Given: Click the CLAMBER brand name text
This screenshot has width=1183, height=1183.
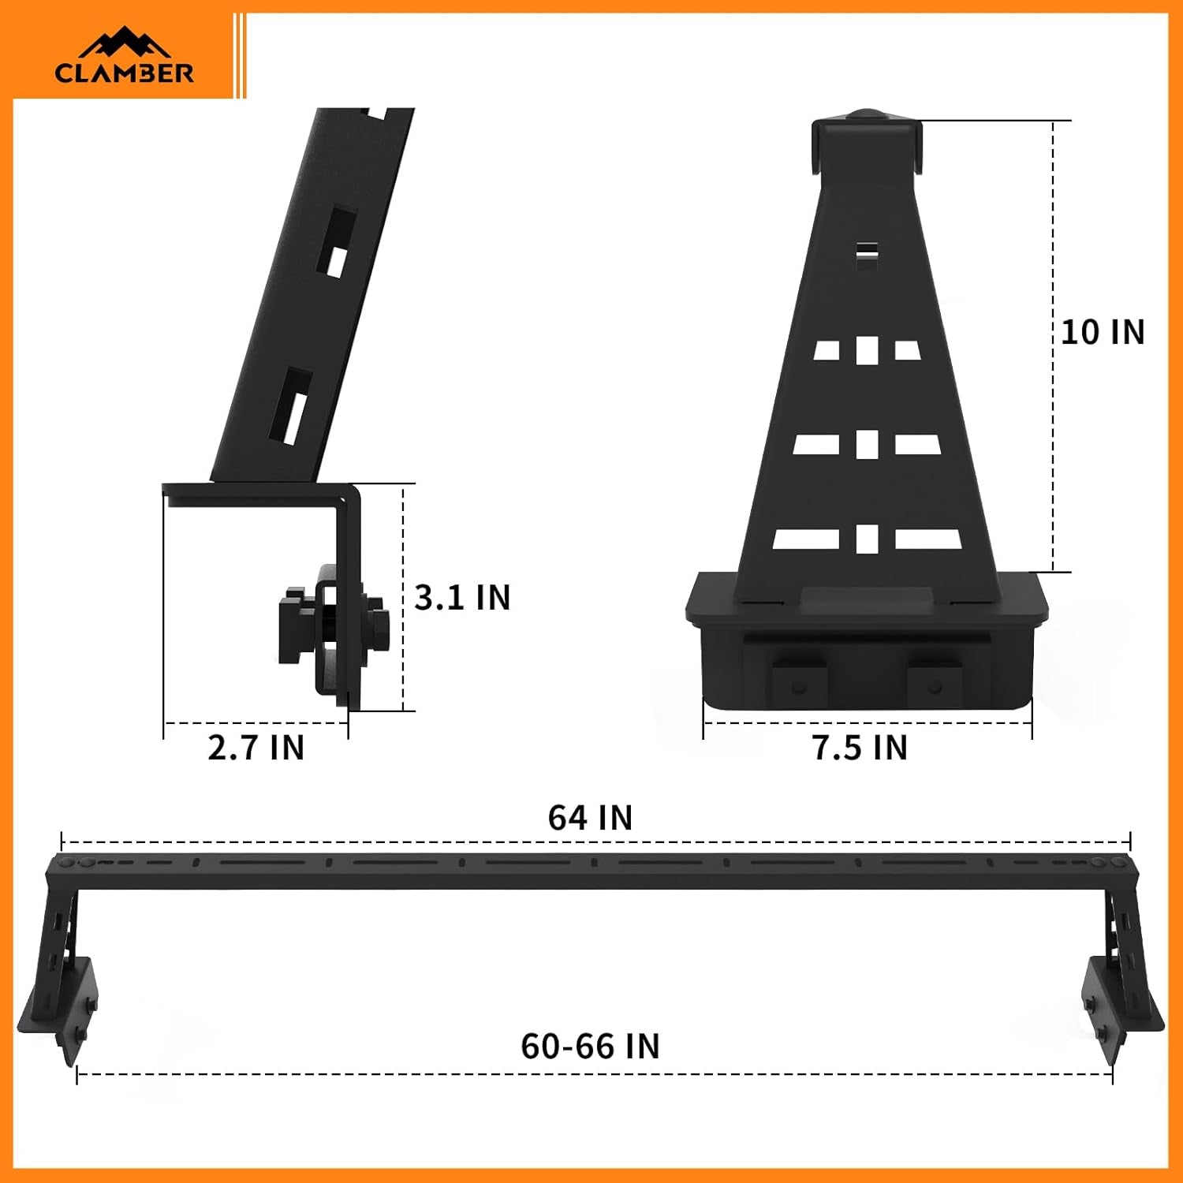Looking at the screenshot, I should pos(124,73).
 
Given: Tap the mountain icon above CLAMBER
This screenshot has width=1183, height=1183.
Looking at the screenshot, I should pos(125,44).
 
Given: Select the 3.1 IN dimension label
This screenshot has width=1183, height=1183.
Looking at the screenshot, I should pos(462,597).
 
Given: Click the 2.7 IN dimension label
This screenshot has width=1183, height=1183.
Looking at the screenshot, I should pos(256,748).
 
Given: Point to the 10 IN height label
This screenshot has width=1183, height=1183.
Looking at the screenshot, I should pos(1102,332).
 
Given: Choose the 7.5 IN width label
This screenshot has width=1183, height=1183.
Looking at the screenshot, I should pos(860,748).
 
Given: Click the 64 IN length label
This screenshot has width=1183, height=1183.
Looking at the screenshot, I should pos(590,818).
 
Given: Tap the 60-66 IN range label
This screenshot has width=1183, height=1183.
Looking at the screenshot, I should pos(590,1047).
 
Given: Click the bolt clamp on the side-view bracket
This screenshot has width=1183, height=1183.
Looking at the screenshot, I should pos(331,623).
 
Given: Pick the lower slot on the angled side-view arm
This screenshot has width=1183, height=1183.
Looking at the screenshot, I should pos(291,406).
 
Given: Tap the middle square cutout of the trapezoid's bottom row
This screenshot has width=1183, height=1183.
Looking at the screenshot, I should pos(867,539).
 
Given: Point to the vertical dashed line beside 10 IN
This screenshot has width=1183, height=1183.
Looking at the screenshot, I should pos(1053,237).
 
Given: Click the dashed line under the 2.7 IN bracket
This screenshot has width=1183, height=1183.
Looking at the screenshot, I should pos(256,722).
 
